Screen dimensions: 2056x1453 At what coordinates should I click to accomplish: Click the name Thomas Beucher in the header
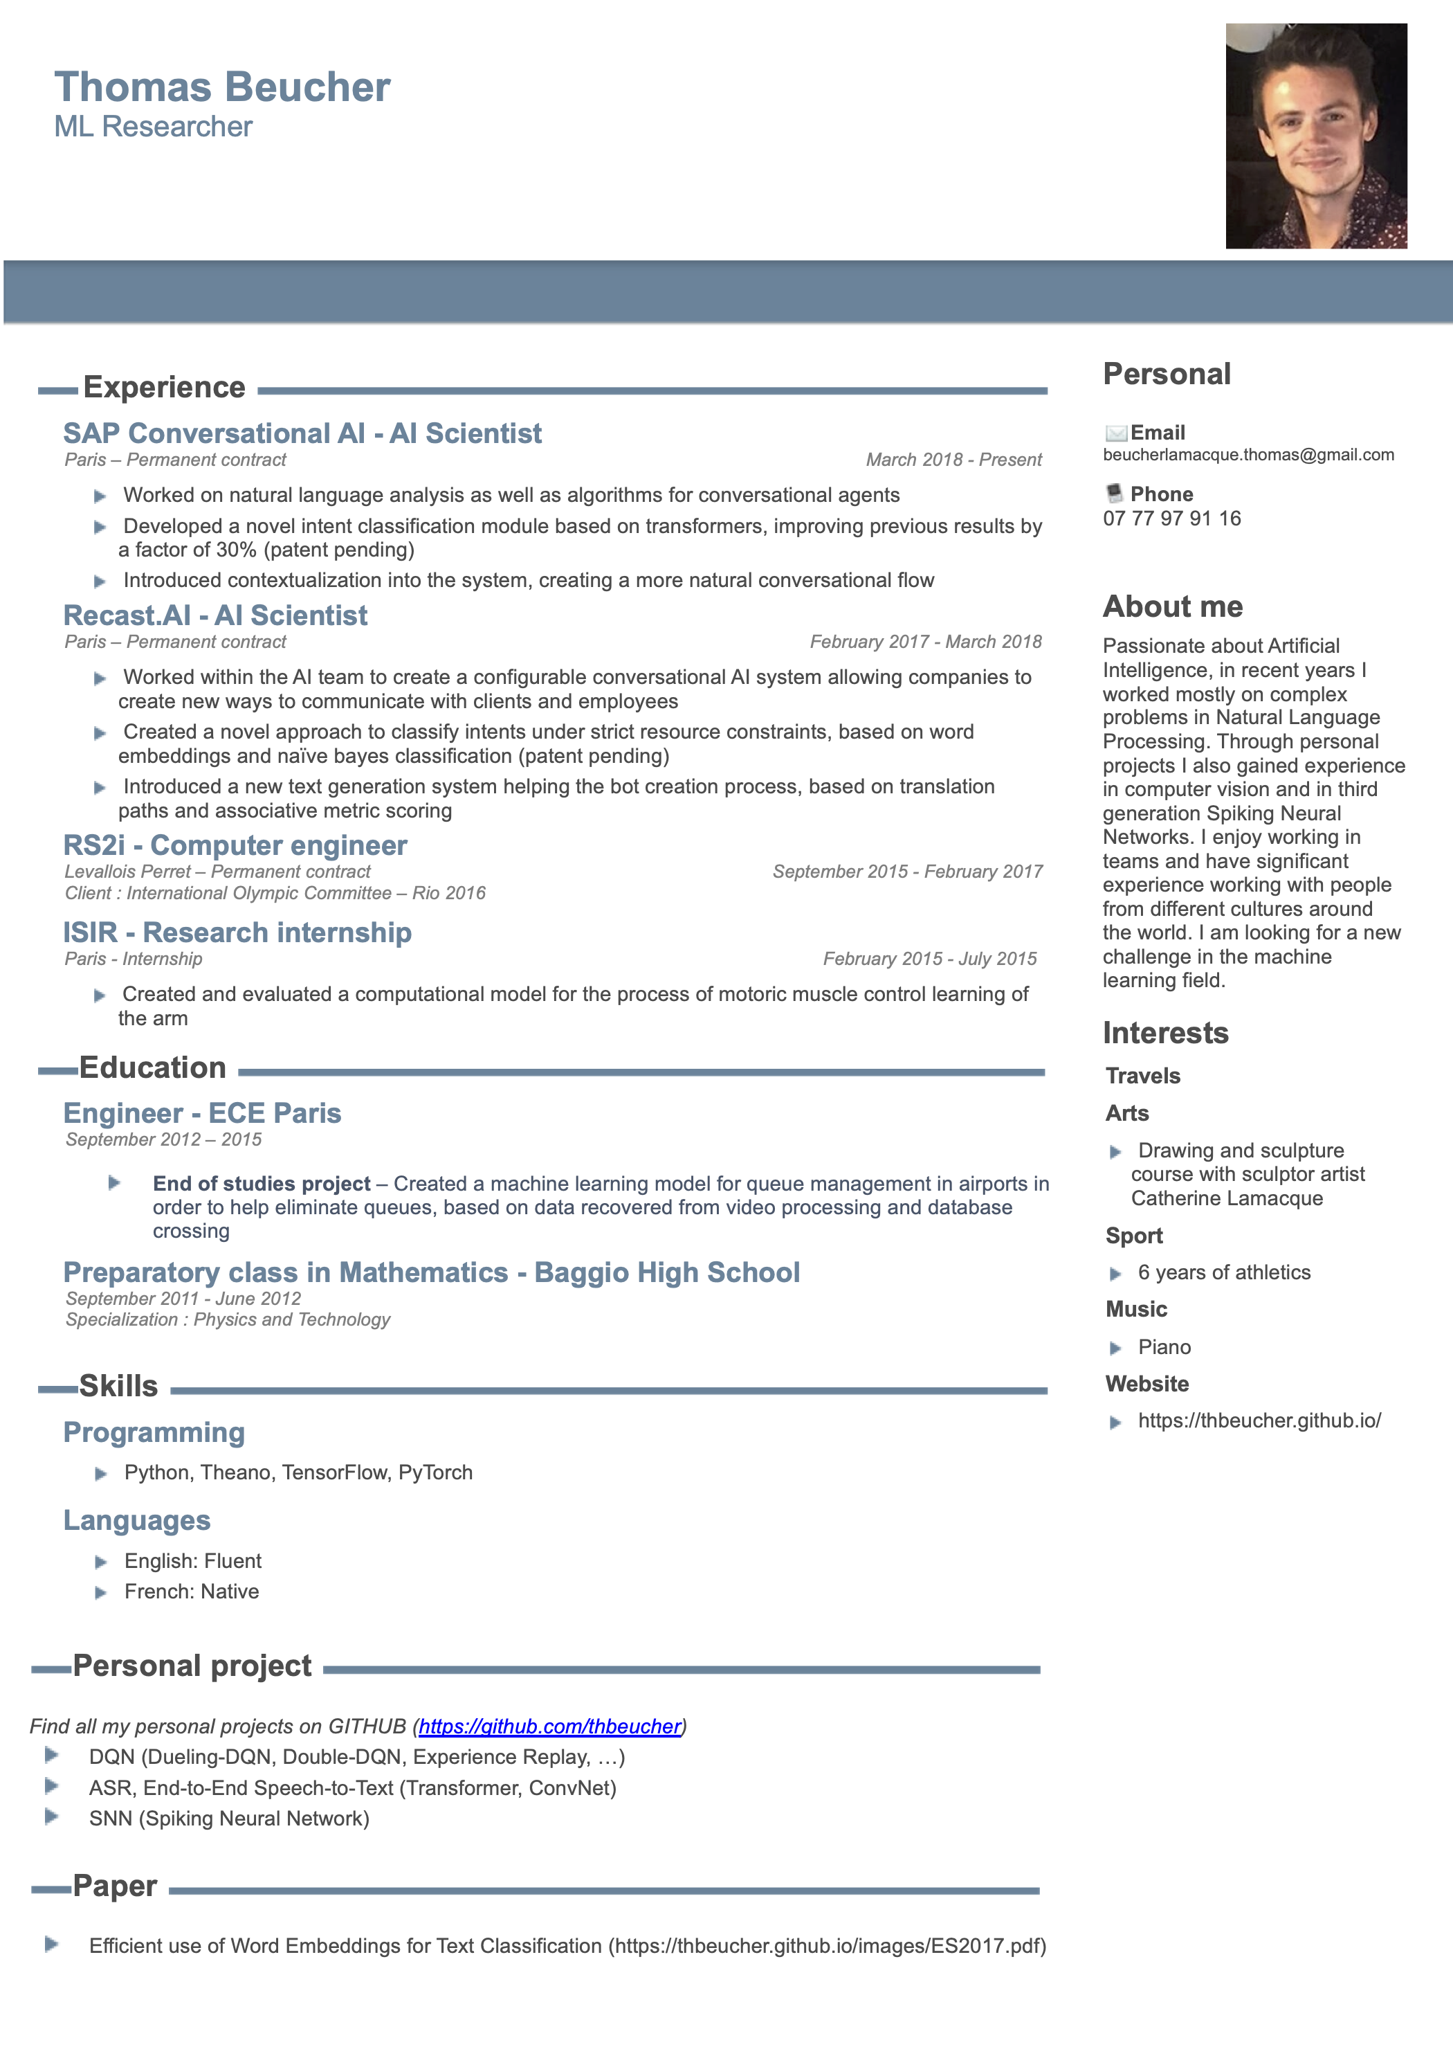(x=222, y=88)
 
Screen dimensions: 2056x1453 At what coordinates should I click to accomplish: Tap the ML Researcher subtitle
(x=153, y=127)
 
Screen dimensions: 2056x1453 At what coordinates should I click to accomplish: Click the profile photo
(x=1315, y=136)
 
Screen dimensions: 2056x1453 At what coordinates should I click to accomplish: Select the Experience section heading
(x=164, y=388)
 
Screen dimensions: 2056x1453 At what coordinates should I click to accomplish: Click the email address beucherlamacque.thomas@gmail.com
(x=1248, y=455)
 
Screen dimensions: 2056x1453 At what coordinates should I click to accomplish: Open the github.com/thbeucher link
(x=549, y=1726)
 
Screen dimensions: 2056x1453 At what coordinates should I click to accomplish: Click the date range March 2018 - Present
(x=953, y=460)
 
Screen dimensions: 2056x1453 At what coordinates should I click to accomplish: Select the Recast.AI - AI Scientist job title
(x=215, y=616)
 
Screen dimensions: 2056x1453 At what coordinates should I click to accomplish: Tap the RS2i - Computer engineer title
(x=235, y=845)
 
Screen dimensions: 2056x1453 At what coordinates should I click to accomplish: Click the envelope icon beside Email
(x=1115, y=433)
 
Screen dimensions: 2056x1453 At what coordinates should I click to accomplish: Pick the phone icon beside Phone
(x=1115, y=494)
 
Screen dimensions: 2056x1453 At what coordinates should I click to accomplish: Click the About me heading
(x=1172, y=607)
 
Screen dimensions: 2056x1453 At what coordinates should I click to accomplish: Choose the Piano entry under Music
(x=1164, y=1348)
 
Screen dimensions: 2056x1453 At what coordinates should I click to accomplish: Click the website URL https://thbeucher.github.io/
(x=1259, y=1421)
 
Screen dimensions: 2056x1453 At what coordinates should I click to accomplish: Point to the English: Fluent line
(x=192, y=1562)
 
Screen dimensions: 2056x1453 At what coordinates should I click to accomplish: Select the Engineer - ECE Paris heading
(x=202, y=1114)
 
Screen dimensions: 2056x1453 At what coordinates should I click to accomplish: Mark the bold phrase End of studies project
(x=262, y=1184)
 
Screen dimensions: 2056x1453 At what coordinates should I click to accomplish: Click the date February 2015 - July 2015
(x=929, y=959)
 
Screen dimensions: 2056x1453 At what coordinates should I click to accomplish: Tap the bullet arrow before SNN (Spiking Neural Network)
(x=52, y=1817)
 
